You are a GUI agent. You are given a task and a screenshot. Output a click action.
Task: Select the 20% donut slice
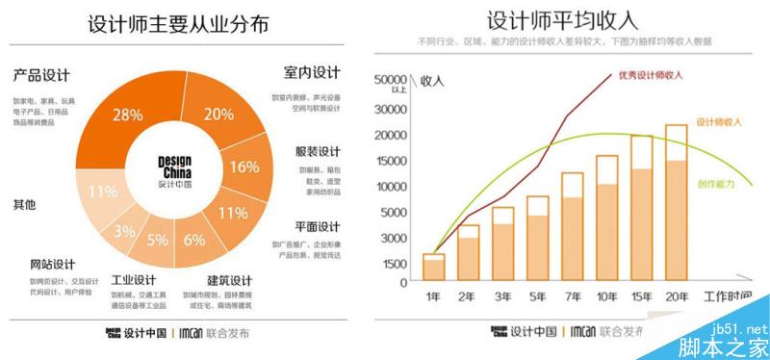pyautogui.click(x=218, y=115)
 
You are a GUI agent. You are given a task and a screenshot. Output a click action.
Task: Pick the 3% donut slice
pyautogui.click(x=124, y=231)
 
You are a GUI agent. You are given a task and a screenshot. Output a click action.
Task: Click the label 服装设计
pyautogui.click(x=317, y=152)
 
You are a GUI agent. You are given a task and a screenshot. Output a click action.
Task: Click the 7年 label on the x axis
pyautogui.click(x=572, y=296)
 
